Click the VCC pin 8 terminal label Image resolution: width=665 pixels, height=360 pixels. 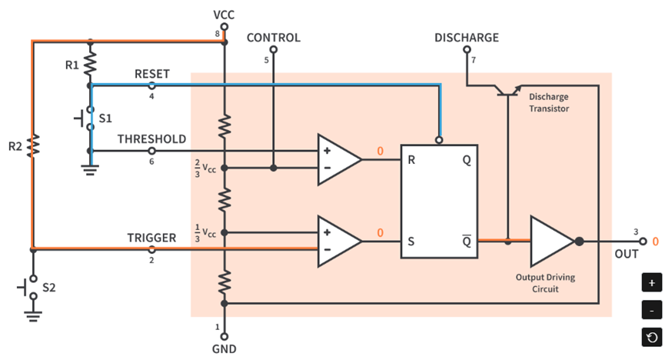(x=224, y=15)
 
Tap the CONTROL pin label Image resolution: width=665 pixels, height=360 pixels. (x=273, y=38)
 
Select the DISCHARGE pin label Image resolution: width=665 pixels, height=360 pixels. (x=466, y=37)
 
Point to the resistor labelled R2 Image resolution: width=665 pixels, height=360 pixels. (x=32, y=145)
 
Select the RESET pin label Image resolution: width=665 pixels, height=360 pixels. (x=151, y=74)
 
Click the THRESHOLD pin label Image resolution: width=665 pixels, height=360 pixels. (x=151, y=139)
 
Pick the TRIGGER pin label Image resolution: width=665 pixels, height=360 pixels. (x=151, y=238)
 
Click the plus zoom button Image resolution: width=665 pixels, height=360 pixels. (x=651, y=282)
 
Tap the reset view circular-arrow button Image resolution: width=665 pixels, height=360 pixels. (x=651, y=337)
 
